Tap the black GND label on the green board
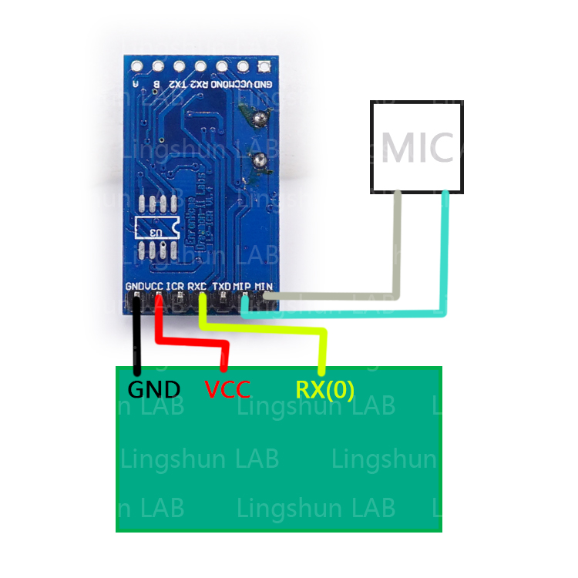[153, 389]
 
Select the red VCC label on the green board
[227, 389]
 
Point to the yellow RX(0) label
[324, 389]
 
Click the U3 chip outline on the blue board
[157, 229]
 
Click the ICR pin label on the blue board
[175, 286]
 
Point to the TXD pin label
[222, 286]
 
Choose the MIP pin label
[244, 286]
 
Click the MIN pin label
[265, 286]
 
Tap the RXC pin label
[197, 286]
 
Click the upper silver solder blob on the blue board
[260, 119]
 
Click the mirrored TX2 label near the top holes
[178, 83]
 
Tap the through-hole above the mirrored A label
[137, 66]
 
